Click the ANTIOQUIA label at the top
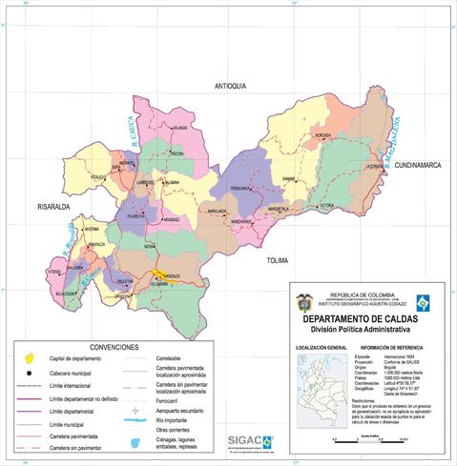point(231,86)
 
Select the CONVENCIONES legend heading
point(114,347)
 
